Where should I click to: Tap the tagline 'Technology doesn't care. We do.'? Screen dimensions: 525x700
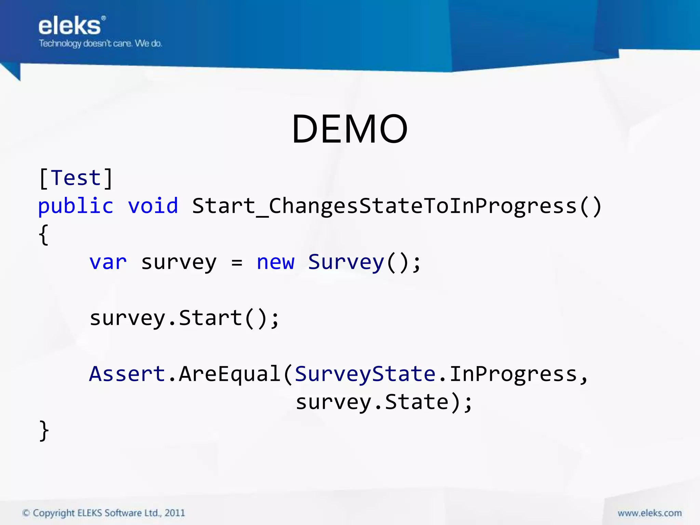[x=100, y=43]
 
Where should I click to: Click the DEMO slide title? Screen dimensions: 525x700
[x=350, y=129]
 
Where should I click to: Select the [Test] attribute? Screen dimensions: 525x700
[x=76, y=178]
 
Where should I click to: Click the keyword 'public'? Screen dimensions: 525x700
[x=76, y=206]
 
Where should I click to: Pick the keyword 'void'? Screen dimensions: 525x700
[x=153, y=206]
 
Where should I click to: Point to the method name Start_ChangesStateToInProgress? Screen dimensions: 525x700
[x=396, y=206]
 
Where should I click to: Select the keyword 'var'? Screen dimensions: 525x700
[x=108, y=262]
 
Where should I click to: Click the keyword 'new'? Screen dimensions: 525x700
[x=275, y=262]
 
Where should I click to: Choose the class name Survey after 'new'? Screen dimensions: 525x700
[x=346, y=262]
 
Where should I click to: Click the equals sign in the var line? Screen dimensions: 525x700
[x=237, y=263]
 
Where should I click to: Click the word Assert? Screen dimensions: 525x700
[x=127, y=374]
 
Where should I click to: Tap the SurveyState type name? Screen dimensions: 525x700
[x=365, y=374]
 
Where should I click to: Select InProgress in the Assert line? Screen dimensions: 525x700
[x=513, y=374]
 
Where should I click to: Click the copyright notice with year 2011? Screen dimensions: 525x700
[x=104, y=513]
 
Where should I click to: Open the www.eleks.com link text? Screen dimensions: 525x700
[x=649, y=513]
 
